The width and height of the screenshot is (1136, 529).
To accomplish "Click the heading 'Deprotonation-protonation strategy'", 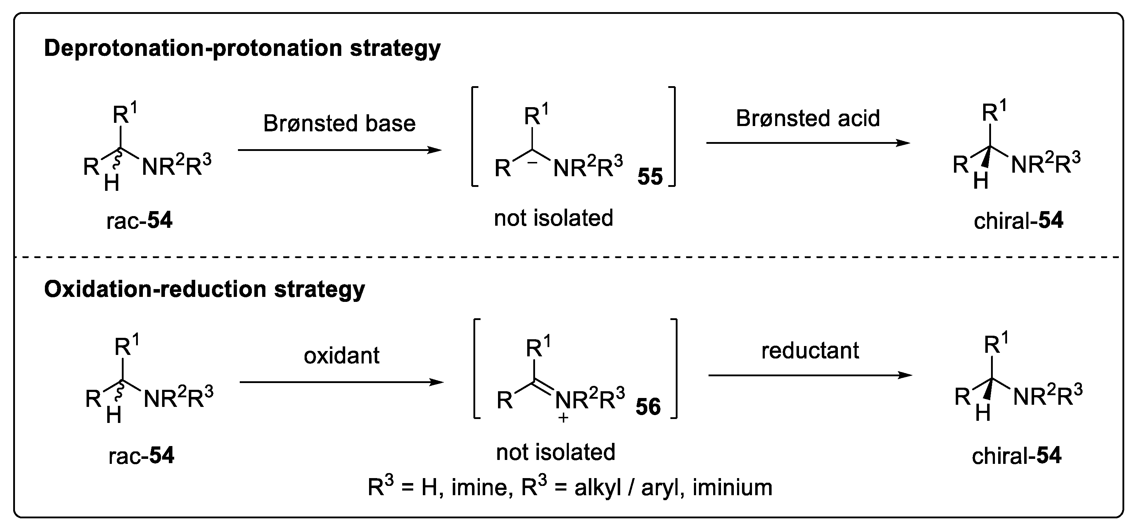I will [x=242, y=48].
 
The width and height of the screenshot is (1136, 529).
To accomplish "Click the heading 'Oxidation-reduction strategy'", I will [x=204, y=290].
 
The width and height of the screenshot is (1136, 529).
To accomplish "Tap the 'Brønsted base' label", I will [x=339, y=124].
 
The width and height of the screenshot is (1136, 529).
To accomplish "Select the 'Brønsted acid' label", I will [x=808, y=118].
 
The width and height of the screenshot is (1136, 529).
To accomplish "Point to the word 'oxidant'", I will [x=341, y=355].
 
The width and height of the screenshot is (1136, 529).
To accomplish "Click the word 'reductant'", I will [x=810, y=350].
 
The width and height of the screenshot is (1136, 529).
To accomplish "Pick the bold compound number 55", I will [x=650, y=176].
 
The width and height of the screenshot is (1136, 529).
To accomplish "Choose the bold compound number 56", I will [x=648, y=407].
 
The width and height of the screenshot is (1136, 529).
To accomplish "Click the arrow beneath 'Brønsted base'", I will [x=339, y=150].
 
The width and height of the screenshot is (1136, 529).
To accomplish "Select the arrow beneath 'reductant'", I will [x=810, y=376].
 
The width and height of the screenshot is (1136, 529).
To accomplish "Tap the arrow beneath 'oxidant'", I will [x=341, y=382].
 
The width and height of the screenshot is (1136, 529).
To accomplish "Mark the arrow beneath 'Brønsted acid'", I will [x=808, y=143].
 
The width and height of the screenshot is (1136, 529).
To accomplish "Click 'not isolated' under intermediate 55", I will [x=554, y=218].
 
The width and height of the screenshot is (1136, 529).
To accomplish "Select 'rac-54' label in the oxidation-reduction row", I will [x=141, y=455].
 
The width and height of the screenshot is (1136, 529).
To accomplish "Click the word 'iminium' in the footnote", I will [x=732, y=488].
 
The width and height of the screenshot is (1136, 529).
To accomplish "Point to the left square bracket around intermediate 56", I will [x=476, y=368].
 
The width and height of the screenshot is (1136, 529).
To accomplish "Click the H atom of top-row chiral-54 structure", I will [x=980, y=181].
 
